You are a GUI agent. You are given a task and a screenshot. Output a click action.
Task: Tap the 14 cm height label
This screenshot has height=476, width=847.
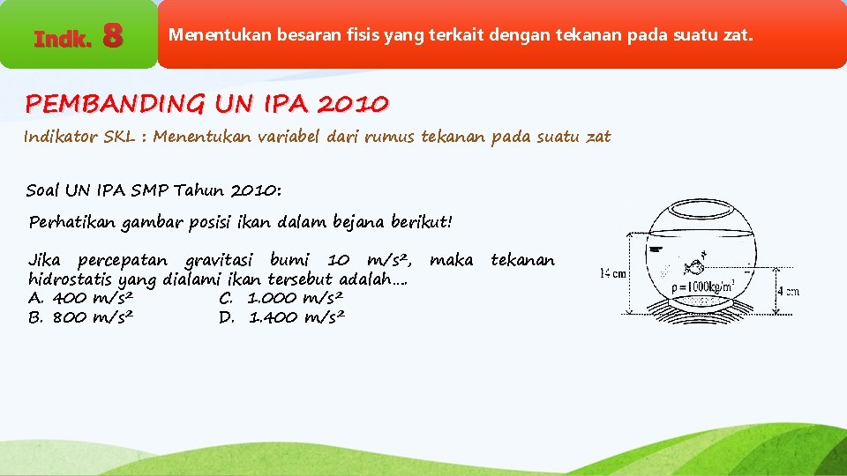coord(614,274)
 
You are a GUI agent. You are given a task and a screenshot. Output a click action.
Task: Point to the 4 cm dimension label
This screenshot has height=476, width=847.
coord(788,291)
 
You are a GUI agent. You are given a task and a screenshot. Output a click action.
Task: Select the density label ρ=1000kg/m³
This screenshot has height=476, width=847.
coord(713,286)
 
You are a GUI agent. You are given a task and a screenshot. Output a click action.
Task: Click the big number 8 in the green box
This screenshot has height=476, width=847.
coord(112,36)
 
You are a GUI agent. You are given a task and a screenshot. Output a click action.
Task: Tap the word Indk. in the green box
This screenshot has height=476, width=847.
coord(62,38)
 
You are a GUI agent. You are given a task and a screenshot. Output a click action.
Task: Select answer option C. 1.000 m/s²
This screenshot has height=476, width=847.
coord(281,298)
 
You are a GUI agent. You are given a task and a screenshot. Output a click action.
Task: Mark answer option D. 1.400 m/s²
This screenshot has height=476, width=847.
coord(281,316)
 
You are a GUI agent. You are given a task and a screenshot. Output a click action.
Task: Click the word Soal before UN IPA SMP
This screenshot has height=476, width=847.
coord(44,190)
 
